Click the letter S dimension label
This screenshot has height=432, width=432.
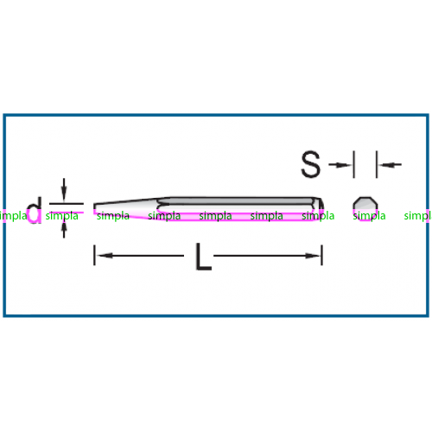[x=310, y=164]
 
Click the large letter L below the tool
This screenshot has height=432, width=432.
[x=203, y=257]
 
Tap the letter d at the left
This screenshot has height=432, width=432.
[x=35, y=210]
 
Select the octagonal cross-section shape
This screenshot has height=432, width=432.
[x=365, y=209]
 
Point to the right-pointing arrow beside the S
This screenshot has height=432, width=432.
[x=340, y=165]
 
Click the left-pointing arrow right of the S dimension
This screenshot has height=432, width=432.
[x=390, y=165]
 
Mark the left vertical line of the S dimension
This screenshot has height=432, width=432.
[x=354, y=164]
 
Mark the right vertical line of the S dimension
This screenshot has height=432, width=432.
[x=377, y=164]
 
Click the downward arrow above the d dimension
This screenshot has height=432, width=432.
[x=64, y=189]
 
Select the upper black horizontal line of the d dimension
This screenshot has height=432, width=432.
[x=67, y=204]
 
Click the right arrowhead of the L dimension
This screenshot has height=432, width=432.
[x=313, y=256]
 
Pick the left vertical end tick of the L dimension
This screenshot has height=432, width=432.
[x=94, y=255]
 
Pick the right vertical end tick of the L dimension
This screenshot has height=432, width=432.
[x=322, y=255]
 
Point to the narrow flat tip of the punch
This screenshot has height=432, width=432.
[x=95, y=209]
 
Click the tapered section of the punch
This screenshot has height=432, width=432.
[x=127, y=209]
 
